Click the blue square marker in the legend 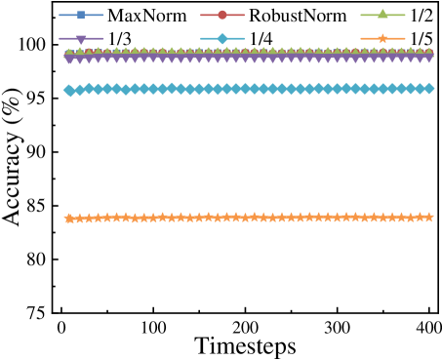(x=81, y=15)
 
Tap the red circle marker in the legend (x=222, y=15)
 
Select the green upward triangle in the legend (x=382, y=15)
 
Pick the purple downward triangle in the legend (x=81, y=39)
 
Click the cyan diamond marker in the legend (x=222, y=39)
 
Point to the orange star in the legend (x=382, y=39)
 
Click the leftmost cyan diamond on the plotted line (x=69, y=91)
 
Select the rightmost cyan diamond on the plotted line (x=428, y=89)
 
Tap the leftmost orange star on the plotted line (x=69, y=219)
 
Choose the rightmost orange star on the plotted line (x=428, y=217)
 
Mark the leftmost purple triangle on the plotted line (x=69, y=58)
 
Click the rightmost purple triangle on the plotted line (x=428, y=57)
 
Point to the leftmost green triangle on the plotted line (x=69, y=52)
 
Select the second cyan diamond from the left (x=78, y=90)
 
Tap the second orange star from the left (x=78, y=219)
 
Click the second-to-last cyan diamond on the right (x=420, y=89)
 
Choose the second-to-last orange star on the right (x=420, y=217)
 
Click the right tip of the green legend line (x=405, y=15)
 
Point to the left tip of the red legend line (x=201, y=15)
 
